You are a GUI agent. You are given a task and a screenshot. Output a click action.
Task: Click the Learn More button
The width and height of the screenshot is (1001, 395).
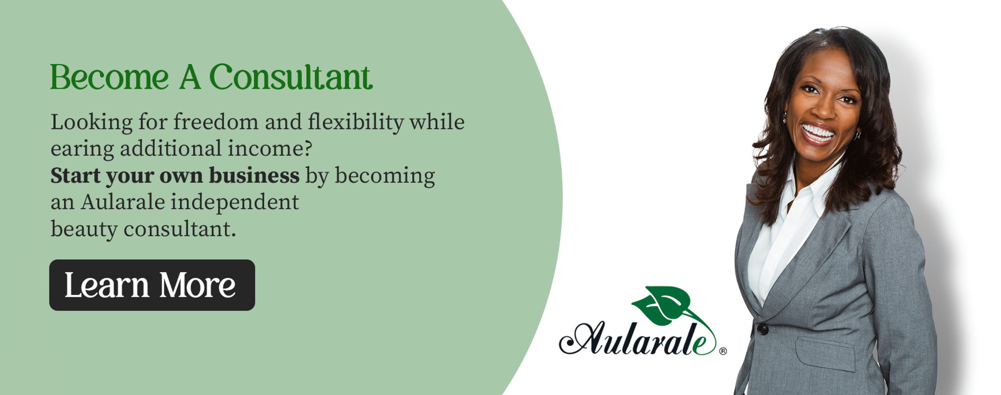point(152,285)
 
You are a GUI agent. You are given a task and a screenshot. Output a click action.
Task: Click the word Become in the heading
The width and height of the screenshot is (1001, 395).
point(109,77)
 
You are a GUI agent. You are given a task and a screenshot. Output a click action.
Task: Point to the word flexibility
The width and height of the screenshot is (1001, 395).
point(355,123)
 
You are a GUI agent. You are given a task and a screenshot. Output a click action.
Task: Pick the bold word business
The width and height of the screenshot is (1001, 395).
point(254,175)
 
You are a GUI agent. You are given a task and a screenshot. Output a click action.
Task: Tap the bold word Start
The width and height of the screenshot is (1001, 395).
point(75,176)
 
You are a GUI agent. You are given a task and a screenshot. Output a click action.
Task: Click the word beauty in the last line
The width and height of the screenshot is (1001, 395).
point(84,230)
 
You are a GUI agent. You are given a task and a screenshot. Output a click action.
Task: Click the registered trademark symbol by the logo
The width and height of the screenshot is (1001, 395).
point(723,351)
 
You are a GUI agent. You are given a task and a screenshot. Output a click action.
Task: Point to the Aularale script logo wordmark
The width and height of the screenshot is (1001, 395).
point(638,339)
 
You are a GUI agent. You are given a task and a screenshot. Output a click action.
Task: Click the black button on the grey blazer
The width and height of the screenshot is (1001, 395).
point(762,329)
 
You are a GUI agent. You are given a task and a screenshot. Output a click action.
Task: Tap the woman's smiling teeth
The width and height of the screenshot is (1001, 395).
point(818,132)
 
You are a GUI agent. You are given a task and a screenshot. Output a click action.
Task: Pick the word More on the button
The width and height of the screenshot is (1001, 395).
point(197,285)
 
